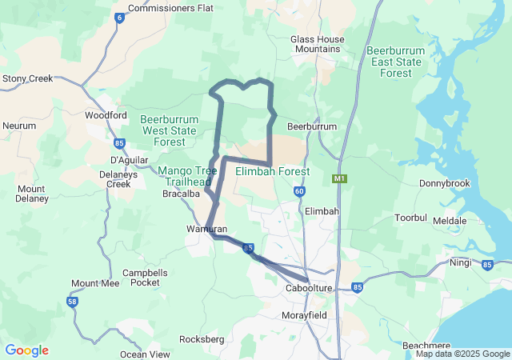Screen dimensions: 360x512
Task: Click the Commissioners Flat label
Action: [x=170, y=8]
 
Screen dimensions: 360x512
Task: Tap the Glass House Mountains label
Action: [x=318, y=44]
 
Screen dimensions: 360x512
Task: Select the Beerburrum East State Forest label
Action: [x=401, y=62]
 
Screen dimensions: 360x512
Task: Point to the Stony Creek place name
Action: [x=27, y=78]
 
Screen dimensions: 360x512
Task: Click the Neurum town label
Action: [x=19, y=126]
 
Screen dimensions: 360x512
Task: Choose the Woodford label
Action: [x=106, y=115]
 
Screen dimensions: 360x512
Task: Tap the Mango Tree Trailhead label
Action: [x=187, y=176]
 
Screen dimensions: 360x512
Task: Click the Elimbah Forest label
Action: [x=273, y=171]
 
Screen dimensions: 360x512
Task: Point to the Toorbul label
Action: [x=413, y=218]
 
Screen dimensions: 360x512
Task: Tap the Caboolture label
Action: [x=309, y=288]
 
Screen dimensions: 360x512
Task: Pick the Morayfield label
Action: [x=303, y=316]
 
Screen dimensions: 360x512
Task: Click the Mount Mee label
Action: [x=95, y=283]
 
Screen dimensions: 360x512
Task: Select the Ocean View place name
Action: [x=145, y=354]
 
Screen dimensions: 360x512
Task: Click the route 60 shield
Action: [x=299, y=191]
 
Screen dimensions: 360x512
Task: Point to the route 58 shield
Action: [x=72, y=301]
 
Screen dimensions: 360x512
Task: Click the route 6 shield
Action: [x=120, y=18]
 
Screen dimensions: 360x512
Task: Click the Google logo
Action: [x=26, y=350]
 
